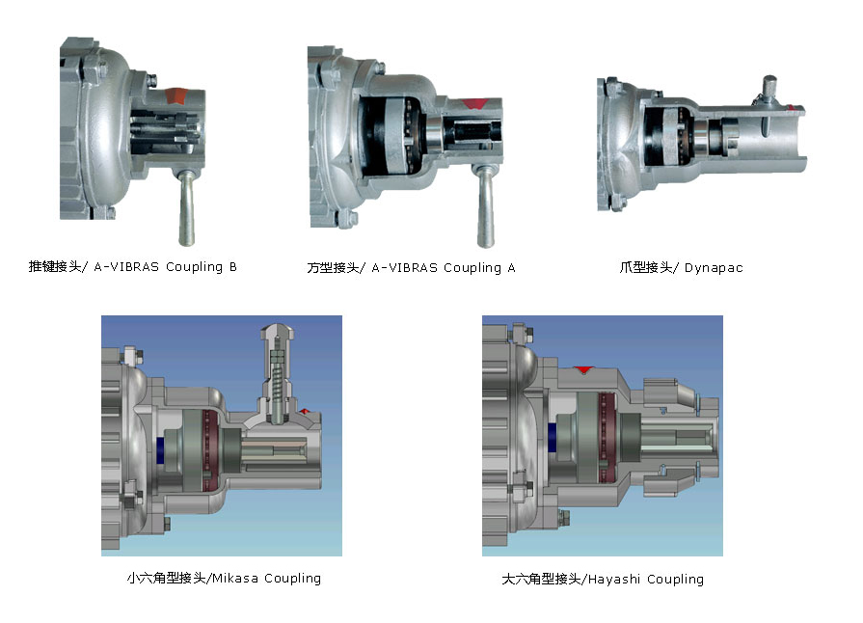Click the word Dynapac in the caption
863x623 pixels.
click(x=714, y=268)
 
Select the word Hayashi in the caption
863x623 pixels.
click(x=613, y=580)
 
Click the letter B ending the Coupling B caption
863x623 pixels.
click(x=232, y=267)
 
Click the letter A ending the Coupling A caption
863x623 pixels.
click(x=511, y=268)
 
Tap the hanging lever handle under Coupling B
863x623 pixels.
click(x=186, y=208)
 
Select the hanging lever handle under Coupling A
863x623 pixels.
click(x=485, y=206)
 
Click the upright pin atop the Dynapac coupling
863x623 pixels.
click(x=769, y=87)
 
